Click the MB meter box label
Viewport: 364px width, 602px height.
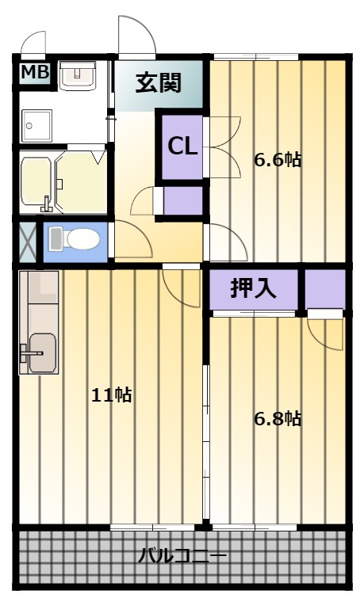35,72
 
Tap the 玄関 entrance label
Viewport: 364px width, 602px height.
159,82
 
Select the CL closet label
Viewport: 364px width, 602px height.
182,147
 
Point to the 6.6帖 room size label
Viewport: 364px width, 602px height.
278,159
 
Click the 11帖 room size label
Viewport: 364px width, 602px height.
112,394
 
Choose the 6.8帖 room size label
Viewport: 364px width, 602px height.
278,418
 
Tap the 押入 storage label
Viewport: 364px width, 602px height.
253,288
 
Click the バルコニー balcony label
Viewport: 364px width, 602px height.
182,554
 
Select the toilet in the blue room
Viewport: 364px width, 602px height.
75,238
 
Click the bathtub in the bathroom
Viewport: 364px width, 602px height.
36,181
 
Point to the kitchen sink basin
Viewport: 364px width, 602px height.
43,352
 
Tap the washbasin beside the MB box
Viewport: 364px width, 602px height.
78,75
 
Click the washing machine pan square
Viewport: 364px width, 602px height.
37,125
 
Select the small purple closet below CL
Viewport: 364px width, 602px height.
183,200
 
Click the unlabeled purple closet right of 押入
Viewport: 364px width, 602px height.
325,289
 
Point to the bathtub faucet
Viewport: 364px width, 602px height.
46,204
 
